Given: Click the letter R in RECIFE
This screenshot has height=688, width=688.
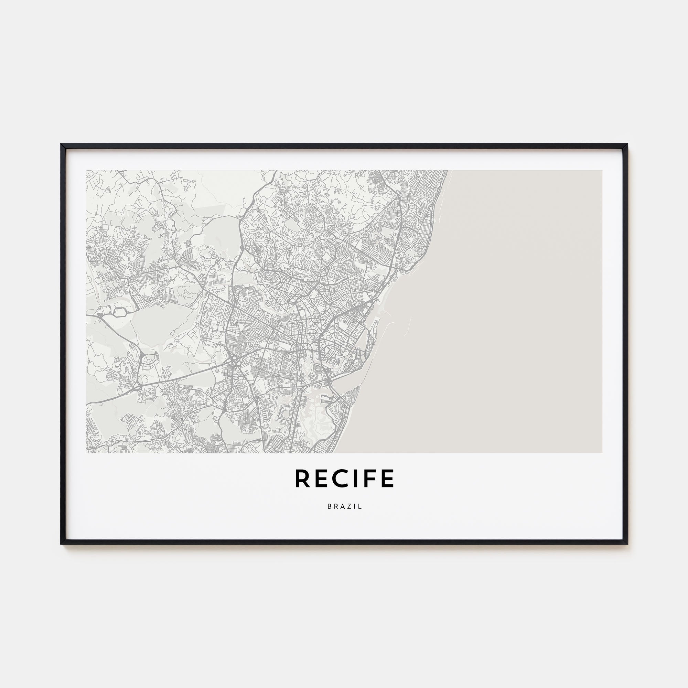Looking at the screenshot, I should pyautogui.click(x=302, y=478).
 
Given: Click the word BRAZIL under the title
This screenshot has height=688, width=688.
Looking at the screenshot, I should pyautogui.click(x=344, y=506).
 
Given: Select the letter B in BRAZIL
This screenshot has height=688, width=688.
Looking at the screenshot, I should pyautogui.click(x=329, y=506).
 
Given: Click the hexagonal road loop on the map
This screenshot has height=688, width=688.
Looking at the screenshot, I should pyautogui.click(x=120, y=312).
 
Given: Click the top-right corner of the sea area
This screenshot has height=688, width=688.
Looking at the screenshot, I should pyautogui.click(x=602, y=171).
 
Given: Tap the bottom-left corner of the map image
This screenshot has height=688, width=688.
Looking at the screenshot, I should pyautogui.click(x=87, y=453).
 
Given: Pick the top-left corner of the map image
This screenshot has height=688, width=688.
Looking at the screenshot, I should pyautogui.click(x=87, y=171).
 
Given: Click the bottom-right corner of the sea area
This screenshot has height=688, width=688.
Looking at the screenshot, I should pyautogui.click(x=602, y=453).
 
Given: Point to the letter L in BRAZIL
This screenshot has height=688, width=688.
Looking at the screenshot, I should pyautogui.click(x=361, y=506).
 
